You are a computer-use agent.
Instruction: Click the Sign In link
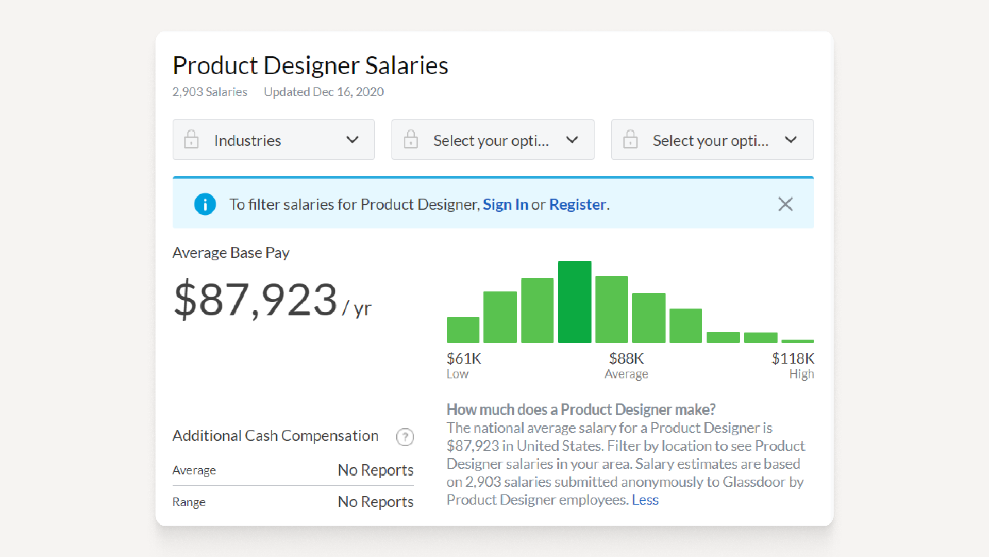(505, 205)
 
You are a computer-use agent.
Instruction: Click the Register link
(577, 205)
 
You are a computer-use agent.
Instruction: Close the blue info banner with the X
(785, 205)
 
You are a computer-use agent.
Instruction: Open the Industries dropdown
(274, 140)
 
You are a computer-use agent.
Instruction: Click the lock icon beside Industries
(191, 140)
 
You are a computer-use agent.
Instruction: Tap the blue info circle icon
(205, 205)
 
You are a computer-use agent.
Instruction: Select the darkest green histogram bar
(574, 302)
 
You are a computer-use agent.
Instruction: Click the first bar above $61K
(463, 330)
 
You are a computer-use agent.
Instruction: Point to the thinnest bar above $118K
(797, 341)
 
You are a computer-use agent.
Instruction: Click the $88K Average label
(626, 365)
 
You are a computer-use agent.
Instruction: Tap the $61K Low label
(463, 365)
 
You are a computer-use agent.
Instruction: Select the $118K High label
(793, 365)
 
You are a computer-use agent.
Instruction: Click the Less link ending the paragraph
(645, 500)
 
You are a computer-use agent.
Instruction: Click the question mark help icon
(405, 437)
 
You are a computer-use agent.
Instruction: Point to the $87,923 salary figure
(256, 300)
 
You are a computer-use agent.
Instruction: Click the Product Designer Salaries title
(310, 65)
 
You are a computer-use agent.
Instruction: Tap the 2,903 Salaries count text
(209, 92)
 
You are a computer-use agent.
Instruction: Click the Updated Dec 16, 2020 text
(324, 92)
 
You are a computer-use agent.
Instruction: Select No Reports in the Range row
(375, 502)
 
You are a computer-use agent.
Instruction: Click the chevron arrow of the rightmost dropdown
(791, 140)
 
